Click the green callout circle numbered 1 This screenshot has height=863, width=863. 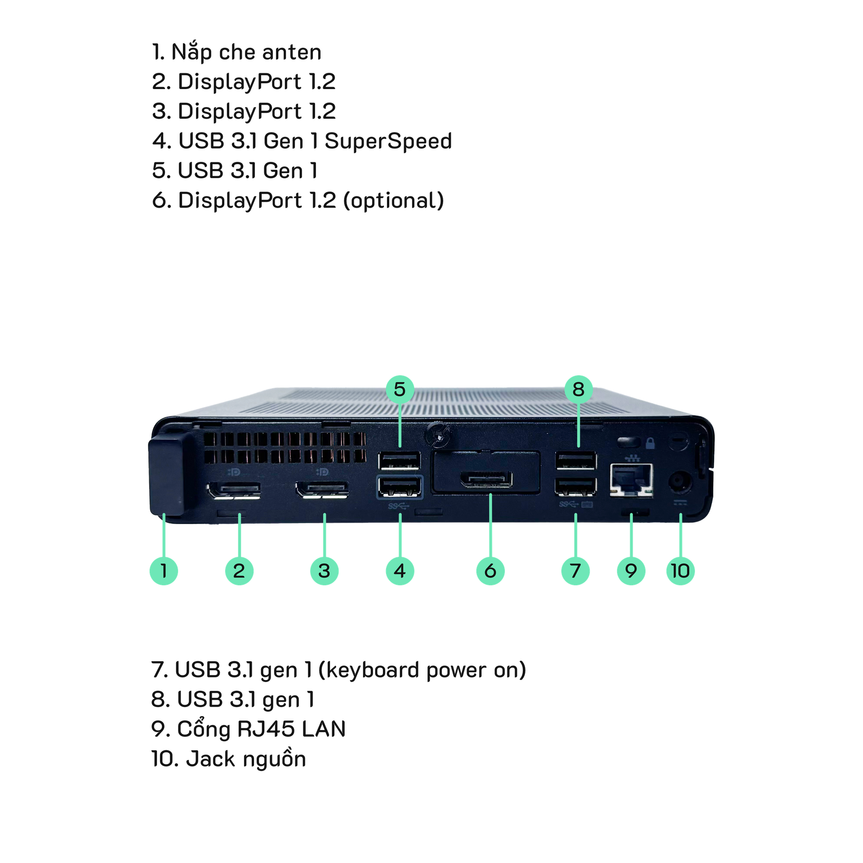click(164, 571)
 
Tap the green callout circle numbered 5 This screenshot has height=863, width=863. click(400, 389)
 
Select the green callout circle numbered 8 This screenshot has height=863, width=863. click(578, 389)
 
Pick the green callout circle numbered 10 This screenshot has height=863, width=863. click(681, 571)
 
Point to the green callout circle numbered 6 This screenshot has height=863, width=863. click(490, 571)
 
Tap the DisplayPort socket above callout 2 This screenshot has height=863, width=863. click(234, 490)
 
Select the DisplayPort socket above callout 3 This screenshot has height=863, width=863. click(322, 490)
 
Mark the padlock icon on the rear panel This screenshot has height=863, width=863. click(650, 444)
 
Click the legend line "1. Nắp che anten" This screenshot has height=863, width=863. click(237, 53)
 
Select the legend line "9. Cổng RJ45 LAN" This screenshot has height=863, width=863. click(249, 729)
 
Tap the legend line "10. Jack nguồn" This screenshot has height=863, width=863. click(229, 759)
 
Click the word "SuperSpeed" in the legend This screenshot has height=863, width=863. click(388, 141)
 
